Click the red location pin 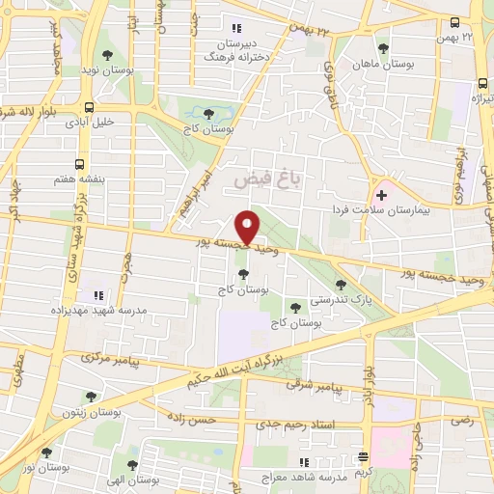[249, 225]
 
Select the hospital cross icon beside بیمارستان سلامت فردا [382, 195]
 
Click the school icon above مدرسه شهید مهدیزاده [96, 294]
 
